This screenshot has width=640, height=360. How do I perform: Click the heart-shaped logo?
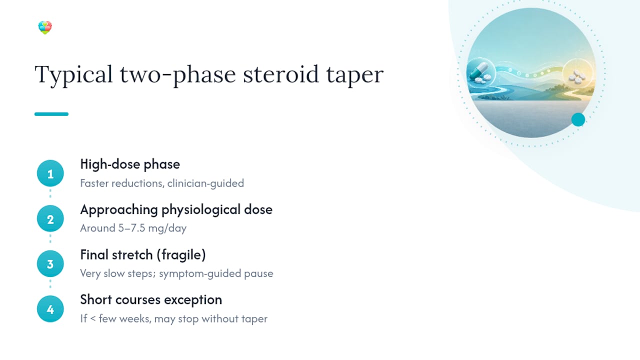point(45,27)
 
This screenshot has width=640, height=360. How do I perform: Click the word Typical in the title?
point(73,75)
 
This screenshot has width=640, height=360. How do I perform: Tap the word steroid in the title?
point(280,74)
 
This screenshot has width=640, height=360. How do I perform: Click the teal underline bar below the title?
point(51,114)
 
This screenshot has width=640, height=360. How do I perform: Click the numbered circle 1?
point(50,173)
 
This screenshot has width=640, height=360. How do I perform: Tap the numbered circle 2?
point(50,218)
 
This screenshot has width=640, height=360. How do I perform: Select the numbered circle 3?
point(50,263)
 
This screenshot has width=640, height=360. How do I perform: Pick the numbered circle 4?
point(50,309)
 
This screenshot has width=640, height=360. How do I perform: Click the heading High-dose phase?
point(130,164)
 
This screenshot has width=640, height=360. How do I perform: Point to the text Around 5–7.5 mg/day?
point(133,228)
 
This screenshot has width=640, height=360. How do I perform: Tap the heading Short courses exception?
point(151,300)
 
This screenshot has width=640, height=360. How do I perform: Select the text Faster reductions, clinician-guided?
point(162,183)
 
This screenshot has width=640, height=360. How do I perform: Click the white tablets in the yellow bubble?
point(577,76)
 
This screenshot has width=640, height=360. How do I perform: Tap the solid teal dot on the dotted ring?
point(578,119)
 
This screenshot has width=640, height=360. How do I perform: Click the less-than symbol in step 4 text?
point(93,318)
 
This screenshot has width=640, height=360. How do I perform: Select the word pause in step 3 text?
point(258,274)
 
